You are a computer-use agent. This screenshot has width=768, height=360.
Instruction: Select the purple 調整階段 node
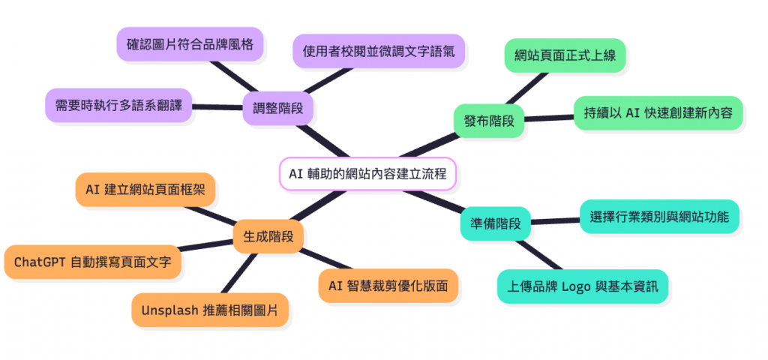277,107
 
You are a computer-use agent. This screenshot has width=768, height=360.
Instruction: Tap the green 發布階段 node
489,120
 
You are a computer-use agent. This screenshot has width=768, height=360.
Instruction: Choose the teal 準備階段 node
495,223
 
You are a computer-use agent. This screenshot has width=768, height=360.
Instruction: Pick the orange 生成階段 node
268,236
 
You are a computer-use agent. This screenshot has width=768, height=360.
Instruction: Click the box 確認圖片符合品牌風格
190,44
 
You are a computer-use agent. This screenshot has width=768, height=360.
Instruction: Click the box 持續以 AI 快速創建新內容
658,113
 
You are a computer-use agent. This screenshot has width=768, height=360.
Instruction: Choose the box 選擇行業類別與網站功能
660,217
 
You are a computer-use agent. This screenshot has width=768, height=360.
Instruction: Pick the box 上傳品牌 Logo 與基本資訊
583,286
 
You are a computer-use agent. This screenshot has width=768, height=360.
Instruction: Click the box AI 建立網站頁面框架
147,190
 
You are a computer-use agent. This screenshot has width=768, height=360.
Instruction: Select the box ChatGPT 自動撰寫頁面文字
92,262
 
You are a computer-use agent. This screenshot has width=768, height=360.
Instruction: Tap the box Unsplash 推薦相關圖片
209,310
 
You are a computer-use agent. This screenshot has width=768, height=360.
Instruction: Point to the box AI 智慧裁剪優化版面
388,285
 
